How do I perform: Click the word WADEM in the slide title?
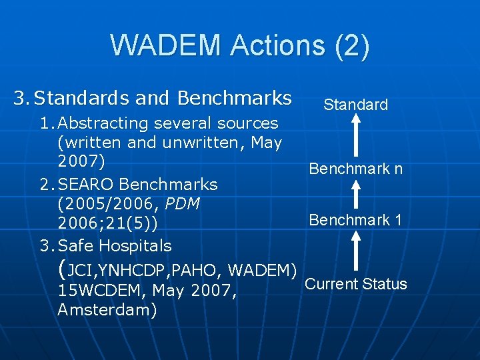pos(165,45)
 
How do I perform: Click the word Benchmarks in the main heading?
pos(235,99)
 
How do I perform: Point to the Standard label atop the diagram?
pos(355,105)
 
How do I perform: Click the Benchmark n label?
pos(355,169)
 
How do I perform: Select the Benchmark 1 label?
pos(355,219)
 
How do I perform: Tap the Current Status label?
pos(355,284)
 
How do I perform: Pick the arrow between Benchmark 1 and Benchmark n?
pos(355,194)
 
